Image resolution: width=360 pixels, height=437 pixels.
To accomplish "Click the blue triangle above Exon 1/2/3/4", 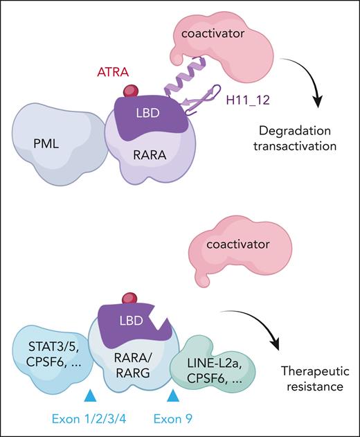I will click(89, 395).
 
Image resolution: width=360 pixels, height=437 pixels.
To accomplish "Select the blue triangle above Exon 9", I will click(174, 395).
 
